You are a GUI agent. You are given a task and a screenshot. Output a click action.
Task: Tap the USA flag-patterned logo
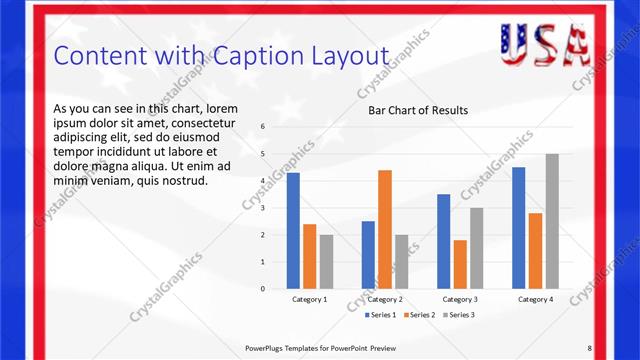pyautogui.click(x=544, y=43)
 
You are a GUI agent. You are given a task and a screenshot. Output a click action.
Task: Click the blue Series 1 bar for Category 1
pyautogui.click(x=293, y=230)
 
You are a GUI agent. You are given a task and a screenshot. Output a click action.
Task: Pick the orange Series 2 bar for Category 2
pyautogui.click(x=385, y=229)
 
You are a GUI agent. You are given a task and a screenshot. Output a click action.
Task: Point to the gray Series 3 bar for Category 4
pyautogui.click(x=552, y=221)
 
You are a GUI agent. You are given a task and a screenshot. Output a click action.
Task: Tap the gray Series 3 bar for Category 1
pyautogui.click(x=326, y=261)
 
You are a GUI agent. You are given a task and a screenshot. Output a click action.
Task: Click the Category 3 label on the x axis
pyautogui.click(x=460, y=299)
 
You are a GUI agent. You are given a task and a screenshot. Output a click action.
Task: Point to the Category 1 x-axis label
pyautogui.click(x=309, y=299)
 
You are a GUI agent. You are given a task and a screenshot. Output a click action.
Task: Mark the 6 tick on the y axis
pyautogui.click(x=262, y=127)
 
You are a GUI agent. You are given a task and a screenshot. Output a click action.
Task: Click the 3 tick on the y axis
pyautogui.click(x=262, y=208)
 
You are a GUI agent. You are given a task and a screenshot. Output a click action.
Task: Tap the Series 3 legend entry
pyautogui.click(x=458, y=315)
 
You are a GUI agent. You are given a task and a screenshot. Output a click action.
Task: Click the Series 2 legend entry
pyautogui.click(x=417, y=315)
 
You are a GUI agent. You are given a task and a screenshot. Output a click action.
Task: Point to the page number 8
pyautogui.click(x=589, y=347)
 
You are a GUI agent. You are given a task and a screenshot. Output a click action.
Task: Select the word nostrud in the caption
pyautogui.click(x=185, y=181)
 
